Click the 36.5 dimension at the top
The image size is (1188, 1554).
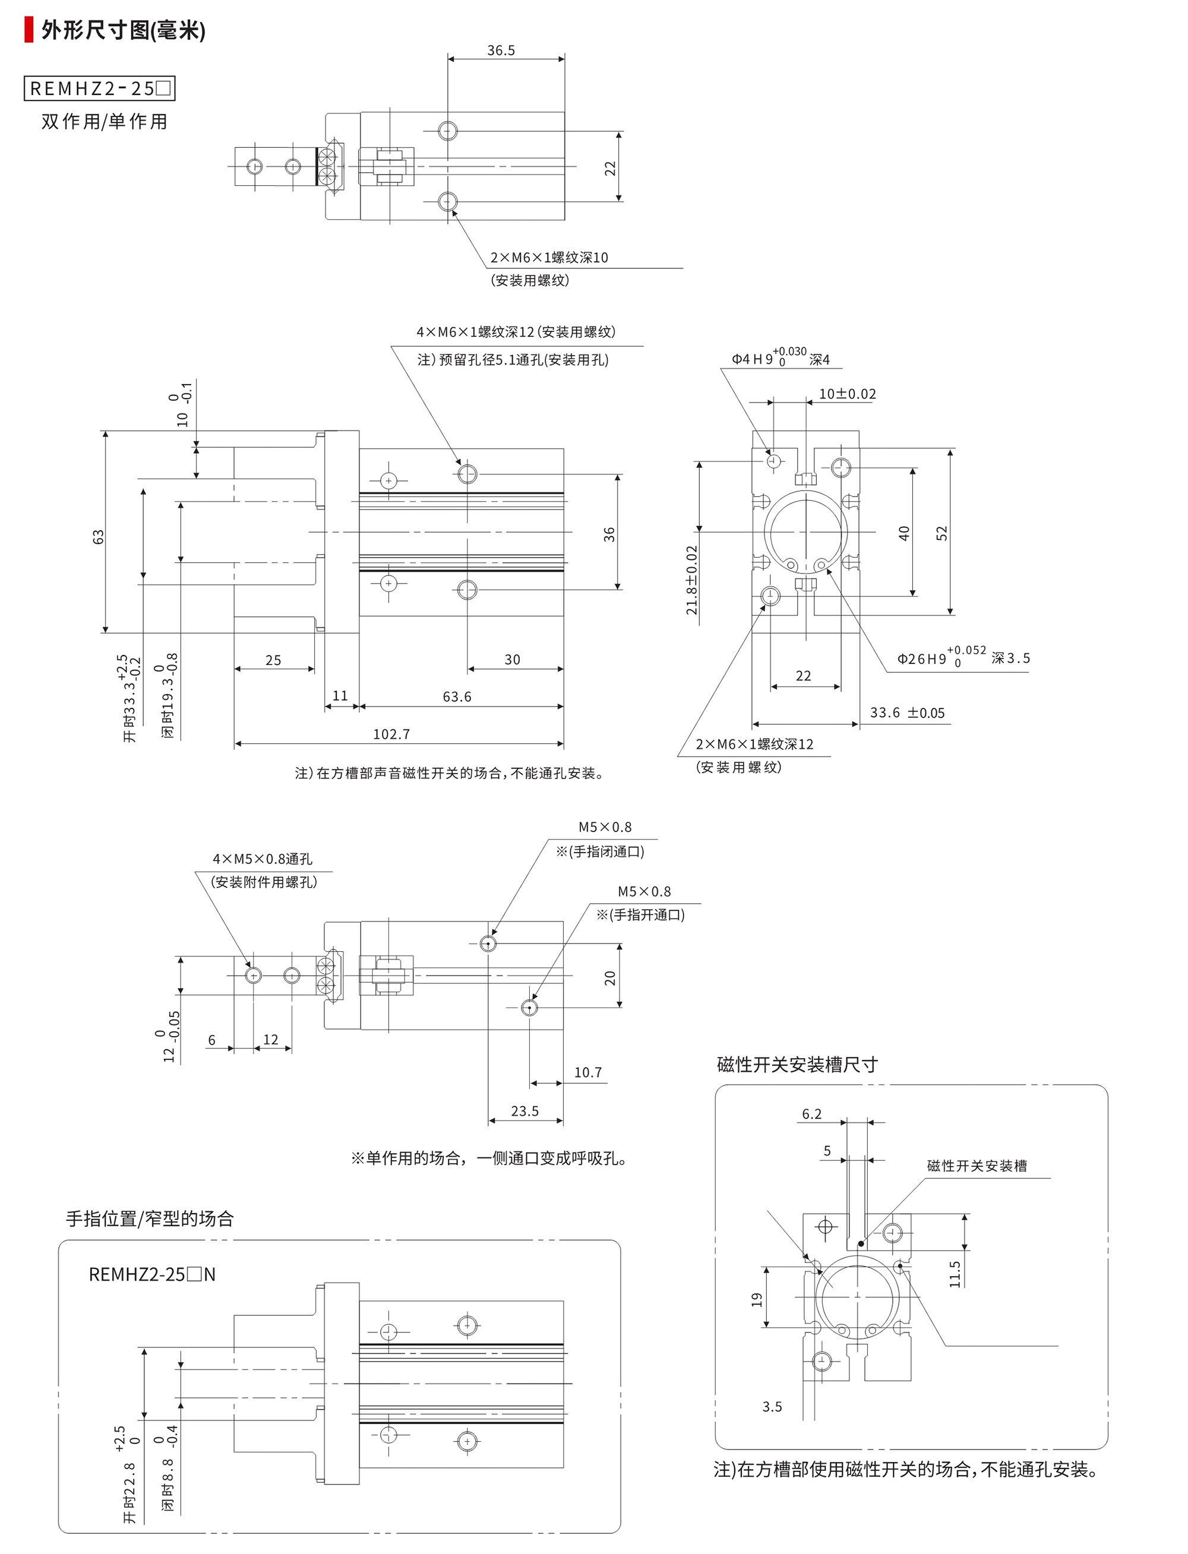[501, 50]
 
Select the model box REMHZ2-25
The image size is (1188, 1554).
[100, 88]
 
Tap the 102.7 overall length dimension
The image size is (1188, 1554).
[391, 734]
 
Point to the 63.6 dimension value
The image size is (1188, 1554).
[457, 697]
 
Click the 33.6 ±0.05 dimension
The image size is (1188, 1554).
[907, 713]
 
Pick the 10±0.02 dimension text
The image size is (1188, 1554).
[847, 394]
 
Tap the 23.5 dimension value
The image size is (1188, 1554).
[525, 1110]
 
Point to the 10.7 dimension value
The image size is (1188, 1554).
[587, 1072]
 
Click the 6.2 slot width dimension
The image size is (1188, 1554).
[812, 1113]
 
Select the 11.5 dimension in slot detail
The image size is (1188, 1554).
[955, 1274]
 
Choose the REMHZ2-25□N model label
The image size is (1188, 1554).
[152, 1274]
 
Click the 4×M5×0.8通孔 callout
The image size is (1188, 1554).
[263, 859]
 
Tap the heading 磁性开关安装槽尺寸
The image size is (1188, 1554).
[797, 1065]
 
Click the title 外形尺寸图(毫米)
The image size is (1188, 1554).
[123, 30]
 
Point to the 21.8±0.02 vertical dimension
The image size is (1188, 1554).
[691, 580]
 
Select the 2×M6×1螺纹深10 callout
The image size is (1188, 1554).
[549, 257]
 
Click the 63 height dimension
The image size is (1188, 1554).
[98, 537]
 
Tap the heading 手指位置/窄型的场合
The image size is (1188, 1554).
[150, 1218]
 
